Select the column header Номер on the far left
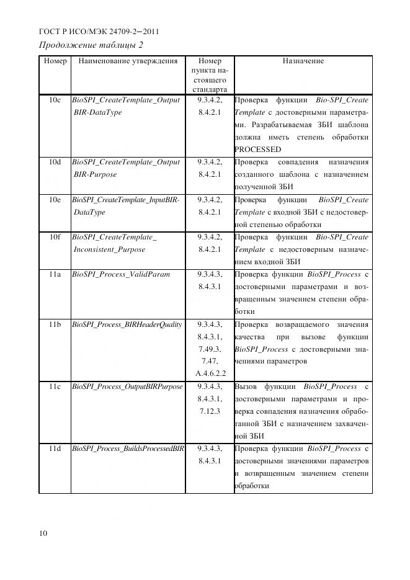pyautogui.click(x=55, y=61)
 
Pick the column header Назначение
pyautogui.click(x=303, y=61)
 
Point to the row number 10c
pyautogui.click(x=55, y=100)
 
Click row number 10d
pyautogui.click(x=55, y=162)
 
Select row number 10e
pyautogui.click(x=55, y=200)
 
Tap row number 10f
pyautogui.click(x=55, y=237)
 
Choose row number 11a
pyautogui.click(x=55, y=274)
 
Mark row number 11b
pyautogui.click(x=55, y=324)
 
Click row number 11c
pyautogui.click(x=55, y=386)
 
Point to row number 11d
pyautogui.click(x=55, y=448)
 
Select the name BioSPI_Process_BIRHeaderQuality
pyautogui.click(x=127, y=324)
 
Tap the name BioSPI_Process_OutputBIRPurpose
pyautogui.click(x=127, y=386)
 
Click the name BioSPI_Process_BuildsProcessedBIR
pyautogui.click(x=128, y=448)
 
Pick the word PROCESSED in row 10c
pyautogui.click(x=257, y=149)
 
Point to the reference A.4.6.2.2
pyautogui.click(x=210, y=374)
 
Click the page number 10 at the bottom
pyautogui.click(x=43, y=533)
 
